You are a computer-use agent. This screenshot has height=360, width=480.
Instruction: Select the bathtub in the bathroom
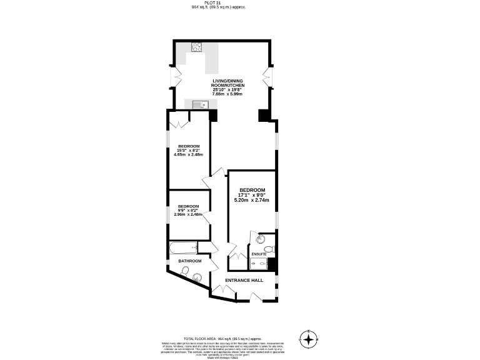(182, 249)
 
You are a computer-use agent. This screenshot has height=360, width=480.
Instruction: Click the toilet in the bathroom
(185, 271)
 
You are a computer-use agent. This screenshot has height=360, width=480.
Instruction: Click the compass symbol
(308, 339)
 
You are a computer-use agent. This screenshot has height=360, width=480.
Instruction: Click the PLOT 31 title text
(219, 2)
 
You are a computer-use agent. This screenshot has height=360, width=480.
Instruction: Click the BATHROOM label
(190, 261)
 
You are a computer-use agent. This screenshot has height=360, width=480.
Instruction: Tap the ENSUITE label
(259, 254)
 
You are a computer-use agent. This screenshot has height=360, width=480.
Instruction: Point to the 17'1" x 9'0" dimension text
(252, 195)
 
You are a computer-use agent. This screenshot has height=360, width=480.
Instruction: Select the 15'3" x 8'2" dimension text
(188, 150)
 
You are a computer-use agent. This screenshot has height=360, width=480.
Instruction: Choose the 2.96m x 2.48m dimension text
(188, 214)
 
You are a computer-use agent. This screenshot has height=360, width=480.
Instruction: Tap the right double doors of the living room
(268, 77)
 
